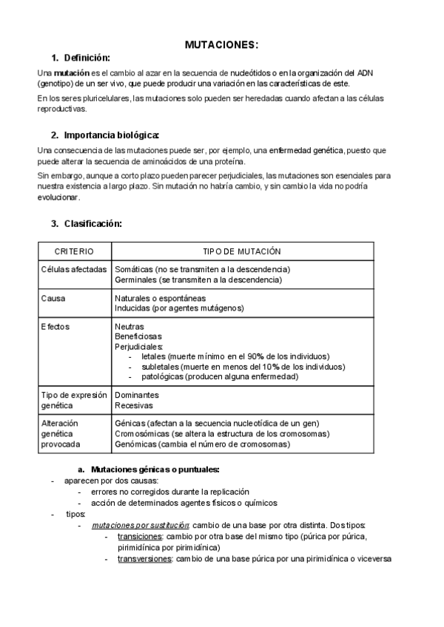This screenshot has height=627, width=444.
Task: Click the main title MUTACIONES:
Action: [x=221, y=45]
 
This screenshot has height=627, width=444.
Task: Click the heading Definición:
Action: [x=87, y=58]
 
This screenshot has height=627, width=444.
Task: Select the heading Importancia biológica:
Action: [x=111, y=135]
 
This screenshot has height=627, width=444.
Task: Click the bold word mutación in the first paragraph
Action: [x=71, y=73]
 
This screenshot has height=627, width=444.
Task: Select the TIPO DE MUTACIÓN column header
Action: [x=241, y=251]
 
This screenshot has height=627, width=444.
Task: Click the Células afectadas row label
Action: [x=74, y=270]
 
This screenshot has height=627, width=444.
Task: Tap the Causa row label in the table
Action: [x=53, y=299]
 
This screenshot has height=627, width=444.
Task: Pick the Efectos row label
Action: [x=56, y=326]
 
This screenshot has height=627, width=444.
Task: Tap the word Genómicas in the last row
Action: [x=135, y=444]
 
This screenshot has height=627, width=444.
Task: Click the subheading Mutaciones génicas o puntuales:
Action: [x=155, y=470]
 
